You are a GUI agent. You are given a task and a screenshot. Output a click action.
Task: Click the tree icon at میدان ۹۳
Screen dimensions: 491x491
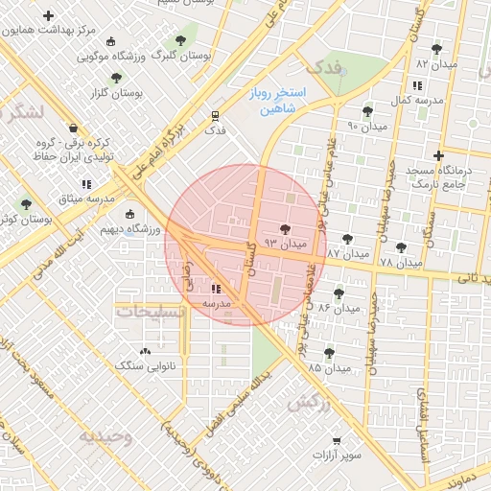[x=285, y=228]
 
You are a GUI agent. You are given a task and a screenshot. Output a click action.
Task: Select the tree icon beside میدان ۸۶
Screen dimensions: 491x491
[x=339, y=293]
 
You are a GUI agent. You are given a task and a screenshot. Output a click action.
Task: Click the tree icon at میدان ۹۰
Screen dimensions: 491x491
[x=367, y=111]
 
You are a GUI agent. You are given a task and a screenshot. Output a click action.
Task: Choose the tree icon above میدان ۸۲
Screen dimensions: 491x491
[x=437, y=48]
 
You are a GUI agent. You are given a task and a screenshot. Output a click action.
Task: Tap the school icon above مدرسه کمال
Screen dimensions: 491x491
[x=416, y=85]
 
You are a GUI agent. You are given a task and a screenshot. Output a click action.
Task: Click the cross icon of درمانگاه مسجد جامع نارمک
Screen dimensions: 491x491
[x=439, y=155]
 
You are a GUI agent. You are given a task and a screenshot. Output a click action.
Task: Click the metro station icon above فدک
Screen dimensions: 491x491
[x=216, y=115]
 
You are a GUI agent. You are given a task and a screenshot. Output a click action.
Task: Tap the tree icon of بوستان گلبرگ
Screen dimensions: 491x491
[x=179, y=41]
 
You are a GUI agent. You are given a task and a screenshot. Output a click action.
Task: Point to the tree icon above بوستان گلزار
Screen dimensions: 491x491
[x=116, y=78]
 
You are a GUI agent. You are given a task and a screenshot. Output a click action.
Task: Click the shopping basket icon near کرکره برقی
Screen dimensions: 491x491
[x=73, y=129]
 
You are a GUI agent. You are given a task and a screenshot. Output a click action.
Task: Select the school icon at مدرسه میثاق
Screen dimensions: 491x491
[x=86, y=183]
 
